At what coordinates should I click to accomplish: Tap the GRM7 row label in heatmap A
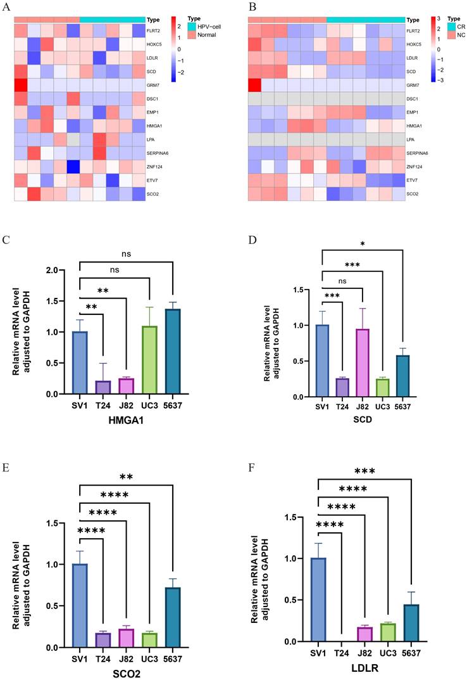[x=154, y=85]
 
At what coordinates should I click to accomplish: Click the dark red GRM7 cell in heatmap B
[x=254, y=85]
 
